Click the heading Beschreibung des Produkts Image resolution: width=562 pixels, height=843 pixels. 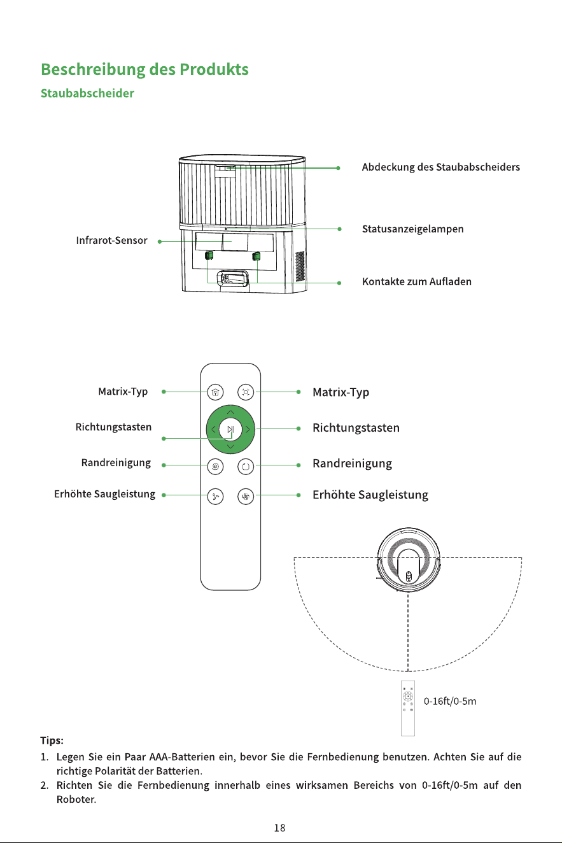pyautogui.click(x=145, y=69)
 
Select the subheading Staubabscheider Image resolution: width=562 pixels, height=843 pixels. pyautogui.click(x=87, y=94)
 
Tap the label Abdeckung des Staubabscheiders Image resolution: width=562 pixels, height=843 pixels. pyautogui.click(x=441, y=167)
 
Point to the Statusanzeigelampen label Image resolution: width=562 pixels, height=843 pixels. pyautogui.click(x=412, y=229)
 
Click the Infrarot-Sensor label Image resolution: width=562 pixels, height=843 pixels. pyautogui.click(x=112, y=241)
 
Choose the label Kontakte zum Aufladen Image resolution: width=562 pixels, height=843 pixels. pyautogui.click(x=417, y=282)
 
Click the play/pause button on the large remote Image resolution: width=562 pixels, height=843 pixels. pyautogui.click(x=230, y=429)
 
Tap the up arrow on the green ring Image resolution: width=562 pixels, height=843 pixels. pyautogui.click(x=230, y=412)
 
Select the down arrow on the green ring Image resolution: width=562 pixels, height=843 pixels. pyautogui.click(x=230, y=447)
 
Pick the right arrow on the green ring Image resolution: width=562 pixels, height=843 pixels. pyautogui.click(x=248, y=429)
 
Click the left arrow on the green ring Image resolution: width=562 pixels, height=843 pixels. pyautogui.click(x=213, y=429)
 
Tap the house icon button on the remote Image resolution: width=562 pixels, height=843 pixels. pyautogui.click(x=215, y=392)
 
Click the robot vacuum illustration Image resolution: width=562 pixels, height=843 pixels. pyautogui.click(x=409, y=560)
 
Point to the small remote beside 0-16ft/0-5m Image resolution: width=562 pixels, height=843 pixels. pyautogui.click(x=408, y=708)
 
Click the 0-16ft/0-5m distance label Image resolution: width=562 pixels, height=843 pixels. pyautogui.click(x=450, y=701)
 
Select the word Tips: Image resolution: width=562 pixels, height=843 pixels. pyautogui.click(x=52, y=740)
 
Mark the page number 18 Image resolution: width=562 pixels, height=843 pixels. pyautogui.click(x=279, y=828)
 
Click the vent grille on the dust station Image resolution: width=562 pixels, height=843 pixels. pyautogui.click(x=300, y=266)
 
